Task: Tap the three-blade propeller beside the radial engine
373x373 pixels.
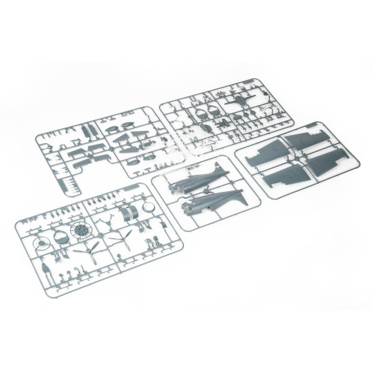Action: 88,251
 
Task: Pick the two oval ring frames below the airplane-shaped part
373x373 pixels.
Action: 207,109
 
